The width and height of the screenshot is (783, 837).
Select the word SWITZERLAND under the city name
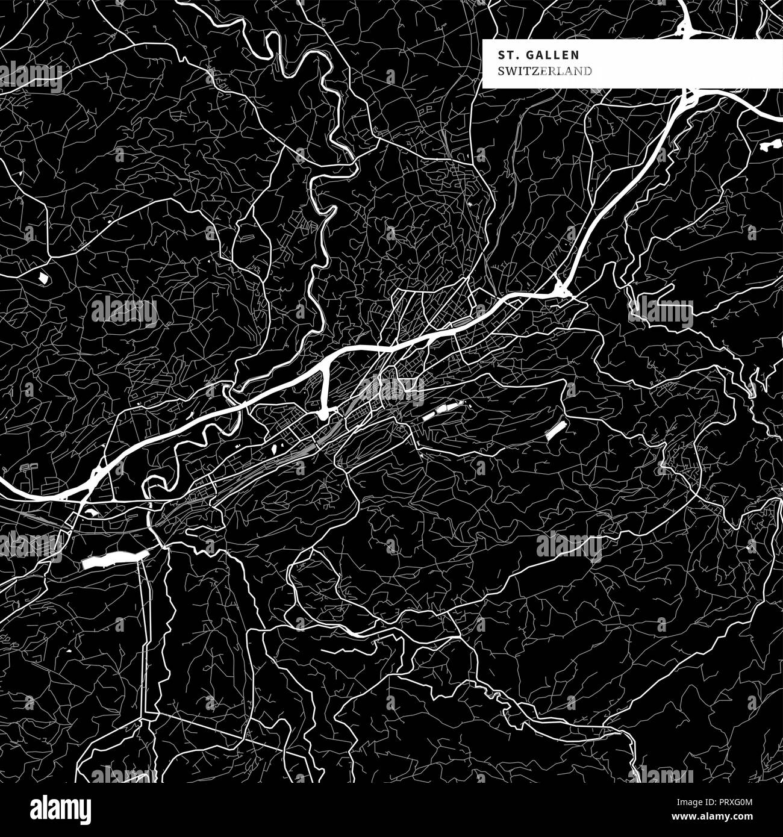pos(544,71)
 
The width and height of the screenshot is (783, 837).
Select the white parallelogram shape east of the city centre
pos(556,429)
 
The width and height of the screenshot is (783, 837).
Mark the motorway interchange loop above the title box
pos(687,28)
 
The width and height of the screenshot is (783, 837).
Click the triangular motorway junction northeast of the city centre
pos(561,289)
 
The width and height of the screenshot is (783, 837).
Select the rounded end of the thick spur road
pos(323,414)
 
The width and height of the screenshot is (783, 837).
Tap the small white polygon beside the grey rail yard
pos(278,447)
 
